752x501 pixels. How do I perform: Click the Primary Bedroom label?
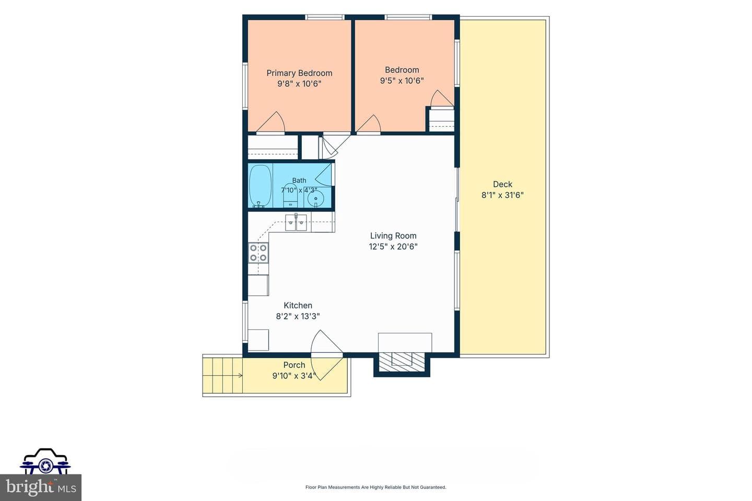[x=299, y=73]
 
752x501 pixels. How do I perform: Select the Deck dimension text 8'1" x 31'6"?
[x=502, y=195]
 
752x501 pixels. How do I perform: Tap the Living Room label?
[x=393, y=236]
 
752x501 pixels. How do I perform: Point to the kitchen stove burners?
[x=258, y=253]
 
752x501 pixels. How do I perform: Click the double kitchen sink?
[x=296, y=223]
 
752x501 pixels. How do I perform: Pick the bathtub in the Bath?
[x=260, y=186]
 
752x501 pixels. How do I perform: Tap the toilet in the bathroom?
[x=290, y=196]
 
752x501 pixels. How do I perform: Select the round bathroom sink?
[x=315, y=198]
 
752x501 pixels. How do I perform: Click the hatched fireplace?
[x=402, y=362]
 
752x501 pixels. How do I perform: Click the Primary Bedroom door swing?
[x=271, y=122]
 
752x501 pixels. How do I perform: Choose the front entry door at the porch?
[x=327, y=355]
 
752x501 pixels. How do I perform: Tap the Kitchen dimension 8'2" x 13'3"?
[x=298, y=316]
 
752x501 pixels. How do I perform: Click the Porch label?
[x=294, y=365]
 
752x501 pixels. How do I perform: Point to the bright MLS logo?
[x=41, y=487]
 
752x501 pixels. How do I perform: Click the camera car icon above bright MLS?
[x=45, y=461]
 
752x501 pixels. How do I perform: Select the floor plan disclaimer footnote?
[x=375, y=487]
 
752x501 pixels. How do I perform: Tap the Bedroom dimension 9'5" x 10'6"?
[x=402, y=81]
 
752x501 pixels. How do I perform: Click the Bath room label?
[x=299, y=181]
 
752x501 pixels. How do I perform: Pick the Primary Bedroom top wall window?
[x=325, y=17]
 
